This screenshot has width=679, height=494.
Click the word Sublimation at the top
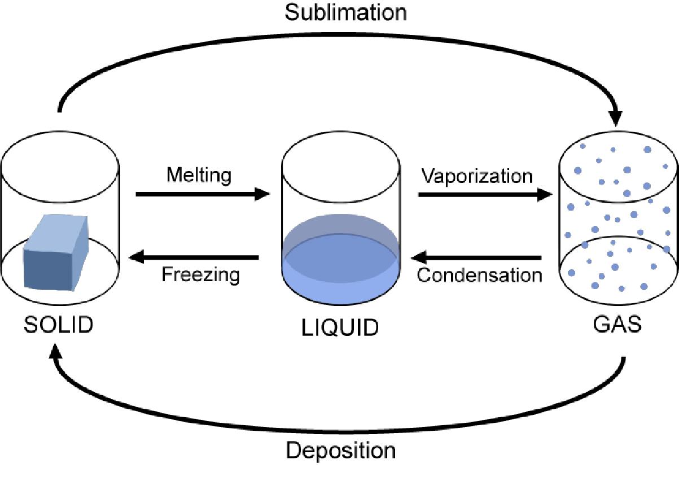pos(345,12)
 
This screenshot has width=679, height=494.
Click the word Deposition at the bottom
pos(340,451)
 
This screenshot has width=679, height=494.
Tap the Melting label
pos(199,175)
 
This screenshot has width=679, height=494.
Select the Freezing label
pos(200,275)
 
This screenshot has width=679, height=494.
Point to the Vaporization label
pos(477,176)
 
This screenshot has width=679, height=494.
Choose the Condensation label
pos(479,275)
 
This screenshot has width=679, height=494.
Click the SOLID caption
pos(58,325)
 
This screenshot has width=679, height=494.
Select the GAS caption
pos(617,325)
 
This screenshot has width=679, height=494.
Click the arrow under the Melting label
pos(203,194)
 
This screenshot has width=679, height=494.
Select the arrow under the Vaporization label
pos(485,194)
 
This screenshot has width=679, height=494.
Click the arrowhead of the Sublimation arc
pos(616,117)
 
